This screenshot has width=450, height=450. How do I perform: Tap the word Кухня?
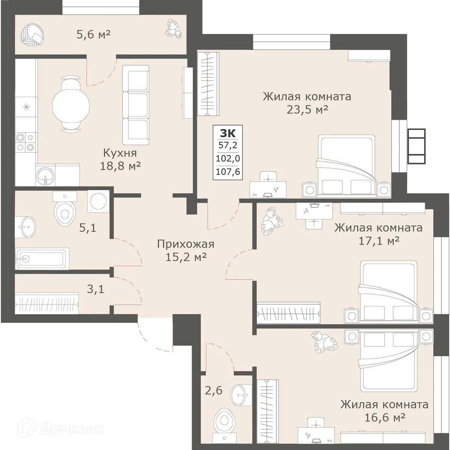tap(120, 153)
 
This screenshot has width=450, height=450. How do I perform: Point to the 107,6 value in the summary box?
tap(228, 172)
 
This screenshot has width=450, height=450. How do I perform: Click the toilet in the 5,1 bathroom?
tap(64, 211)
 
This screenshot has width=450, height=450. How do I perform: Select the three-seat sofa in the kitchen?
tap(136, 102)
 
